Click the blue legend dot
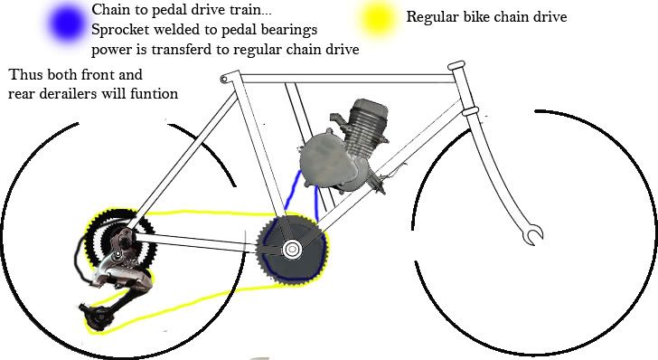point(67,24)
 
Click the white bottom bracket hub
point(292,250)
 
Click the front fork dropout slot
point(534,234)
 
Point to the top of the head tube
point(456,66)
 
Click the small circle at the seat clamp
point(224,79)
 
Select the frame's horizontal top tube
point(346,79)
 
